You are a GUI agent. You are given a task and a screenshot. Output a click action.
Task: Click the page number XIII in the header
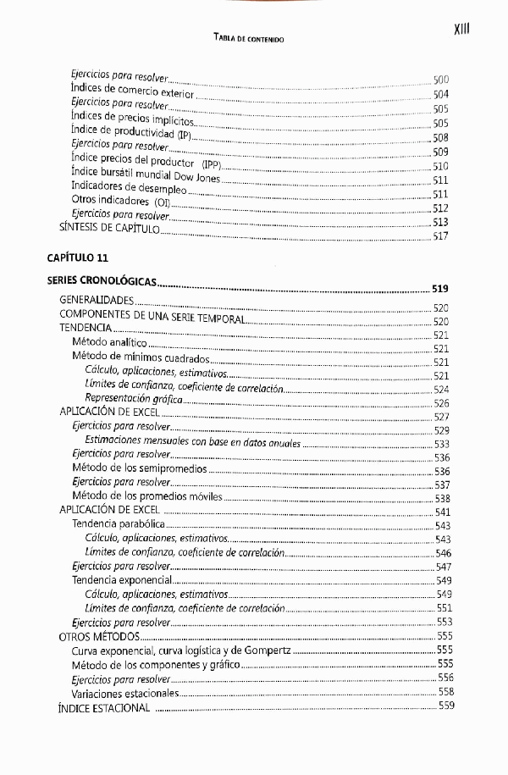point(461,30)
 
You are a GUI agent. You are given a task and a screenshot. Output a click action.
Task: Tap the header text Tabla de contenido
point(249,38)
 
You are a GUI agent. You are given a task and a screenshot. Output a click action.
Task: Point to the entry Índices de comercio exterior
point(133,91)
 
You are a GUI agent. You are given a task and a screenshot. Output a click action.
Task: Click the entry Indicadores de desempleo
point(129,188)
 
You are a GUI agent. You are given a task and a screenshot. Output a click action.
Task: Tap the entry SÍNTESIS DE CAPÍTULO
point(109,229)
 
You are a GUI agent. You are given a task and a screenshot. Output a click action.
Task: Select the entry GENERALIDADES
point(97,300)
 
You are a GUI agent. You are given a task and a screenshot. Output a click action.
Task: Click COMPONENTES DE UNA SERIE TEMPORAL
point(152,315)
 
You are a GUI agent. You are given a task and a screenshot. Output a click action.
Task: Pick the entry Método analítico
point(109,342)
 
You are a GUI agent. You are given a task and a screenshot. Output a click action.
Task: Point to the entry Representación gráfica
point(134,398)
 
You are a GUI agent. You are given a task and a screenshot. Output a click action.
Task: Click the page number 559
point(446,707)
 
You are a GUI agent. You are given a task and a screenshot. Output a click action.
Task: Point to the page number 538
point(442,498)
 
